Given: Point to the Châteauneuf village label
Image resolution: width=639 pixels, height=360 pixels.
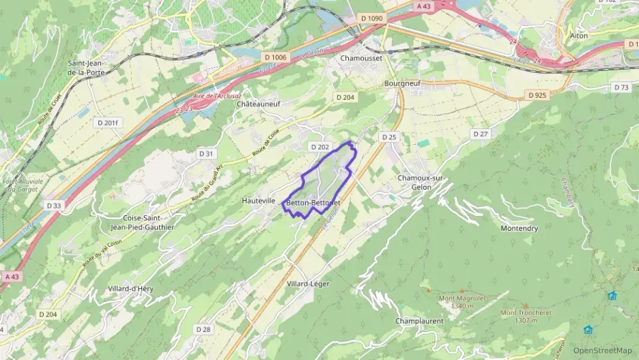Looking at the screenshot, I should pos(258,104).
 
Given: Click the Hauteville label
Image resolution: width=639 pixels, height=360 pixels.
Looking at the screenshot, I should pos(259,201).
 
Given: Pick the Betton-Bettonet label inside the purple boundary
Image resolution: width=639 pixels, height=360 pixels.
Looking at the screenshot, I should pos(313,203).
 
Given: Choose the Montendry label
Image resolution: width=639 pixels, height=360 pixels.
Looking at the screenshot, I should pos(519,228).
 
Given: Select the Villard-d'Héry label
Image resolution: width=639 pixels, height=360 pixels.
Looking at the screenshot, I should pos(130,289).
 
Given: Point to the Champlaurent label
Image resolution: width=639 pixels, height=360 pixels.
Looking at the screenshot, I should pos(419,320).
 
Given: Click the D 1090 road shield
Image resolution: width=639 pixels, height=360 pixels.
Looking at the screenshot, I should pos(372,18).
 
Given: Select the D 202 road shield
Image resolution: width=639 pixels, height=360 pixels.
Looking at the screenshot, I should pos(319,147).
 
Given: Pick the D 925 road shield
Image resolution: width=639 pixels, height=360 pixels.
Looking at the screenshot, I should pos(537,95).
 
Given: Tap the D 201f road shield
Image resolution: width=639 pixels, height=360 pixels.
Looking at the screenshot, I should pos(108,122).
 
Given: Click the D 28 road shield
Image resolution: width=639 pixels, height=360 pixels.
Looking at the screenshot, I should pos(203,329).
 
